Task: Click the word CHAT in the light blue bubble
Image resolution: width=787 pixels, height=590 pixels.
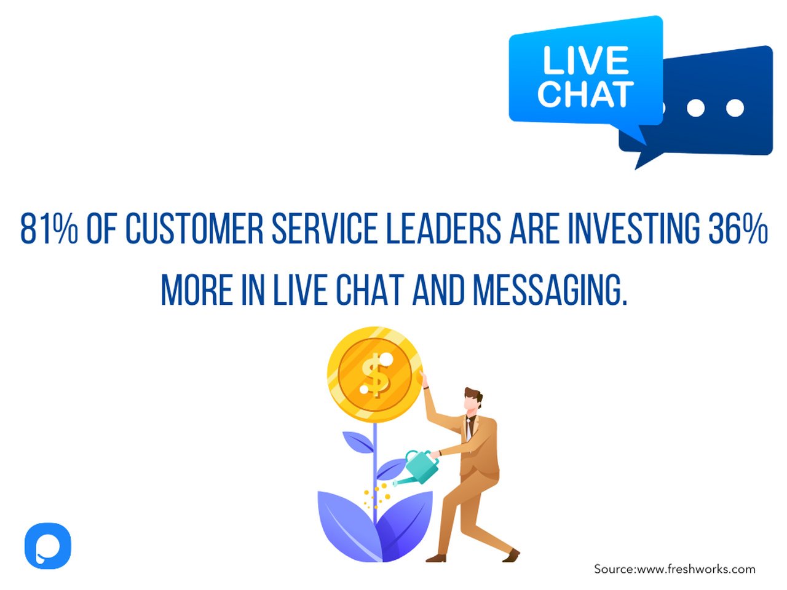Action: click(585, 93)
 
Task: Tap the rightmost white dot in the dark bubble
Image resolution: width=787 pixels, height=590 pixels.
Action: click(735, 108)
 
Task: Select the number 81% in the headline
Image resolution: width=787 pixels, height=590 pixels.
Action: click(49, 229)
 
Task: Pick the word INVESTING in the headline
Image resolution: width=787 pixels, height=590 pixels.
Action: click(633, 229)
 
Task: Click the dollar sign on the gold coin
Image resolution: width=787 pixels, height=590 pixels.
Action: click(375, 375)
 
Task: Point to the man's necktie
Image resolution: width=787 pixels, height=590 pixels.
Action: click(469, 427)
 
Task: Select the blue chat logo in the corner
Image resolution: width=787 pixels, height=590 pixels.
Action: click(48, 546)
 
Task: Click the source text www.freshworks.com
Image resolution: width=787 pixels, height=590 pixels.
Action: click(695, 569)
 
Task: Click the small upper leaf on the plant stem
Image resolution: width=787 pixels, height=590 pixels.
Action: click(357, 442)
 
